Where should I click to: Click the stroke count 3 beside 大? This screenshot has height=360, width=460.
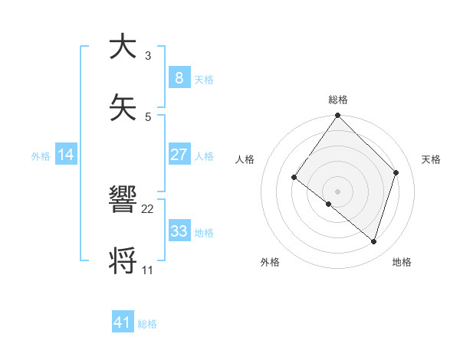148,56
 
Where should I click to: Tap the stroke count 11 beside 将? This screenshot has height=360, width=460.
148,270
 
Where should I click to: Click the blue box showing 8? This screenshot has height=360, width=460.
179,77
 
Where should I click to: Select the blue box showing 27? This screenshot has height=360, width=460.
179,155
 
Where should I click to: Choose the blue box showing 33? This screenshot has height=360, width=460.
179,231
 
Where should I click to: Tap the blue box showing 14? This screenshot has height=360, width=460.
65,155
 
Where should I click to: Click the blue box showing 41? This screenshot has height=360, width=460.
123,322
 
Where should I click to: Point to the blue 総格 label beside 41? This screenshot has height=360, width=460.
147,324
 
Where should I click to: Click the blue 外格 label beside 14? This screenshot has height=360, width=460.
40,155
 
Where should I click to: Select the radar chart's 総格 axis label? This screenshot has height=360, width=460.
338,100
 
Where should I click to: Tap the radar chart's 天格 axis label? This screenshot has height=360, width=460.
431,159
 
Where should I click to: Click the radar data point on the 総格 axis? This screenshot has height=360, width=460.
337,116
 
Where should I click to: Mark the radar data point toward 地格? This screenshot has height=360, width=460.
374,241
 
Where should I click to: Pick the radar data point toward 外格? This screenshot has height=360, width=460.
329,204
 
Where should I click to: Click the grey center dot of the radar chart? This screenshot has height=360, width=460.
337,191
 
